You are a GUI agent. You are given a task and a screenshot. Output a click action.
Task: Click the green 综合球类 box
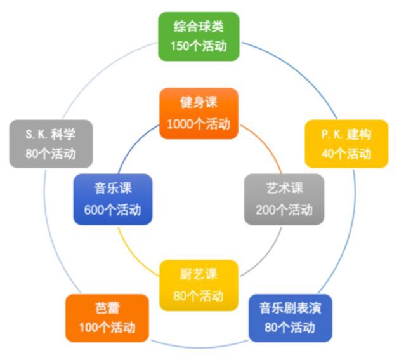click(199, 36)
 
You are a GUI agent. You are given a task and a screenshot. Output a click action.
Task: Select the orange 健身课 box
click(199, 114)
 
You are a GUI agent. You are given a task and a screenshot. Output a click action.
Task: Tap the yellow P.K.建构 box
click(346, 143)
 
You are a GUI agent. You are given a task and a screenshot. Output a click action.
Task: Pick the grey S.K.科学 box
click(51, 143)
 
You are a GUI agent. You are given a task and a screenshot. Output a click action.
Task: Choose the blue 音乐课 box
click(113, 199)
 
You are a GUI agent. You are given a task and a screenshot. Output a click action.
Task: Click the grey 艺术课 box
click(284, 199)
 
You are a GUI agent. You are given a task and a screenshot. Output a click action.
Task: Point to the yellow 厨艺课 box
click(199, 285)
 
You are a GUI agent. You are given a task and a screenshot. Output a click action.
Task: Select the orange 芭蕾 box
click(107, 318)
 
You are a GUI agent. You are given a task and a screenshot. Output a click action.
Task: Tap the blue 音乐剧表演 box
click(291, 318)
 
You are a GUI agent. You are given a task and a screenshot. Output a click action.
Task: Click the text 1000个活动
click(199, 124)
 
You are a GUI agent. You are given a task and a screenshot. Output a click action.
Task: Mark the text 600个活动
click(113, 210)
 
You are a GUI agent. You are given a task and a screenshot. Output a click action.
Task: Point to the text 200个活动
click(284, 210)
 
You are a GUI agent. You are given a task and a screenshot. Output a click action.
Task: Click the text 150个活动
click(199, 46)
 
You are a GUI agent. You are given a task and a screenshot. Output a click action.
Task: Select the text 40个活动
click(346, 154)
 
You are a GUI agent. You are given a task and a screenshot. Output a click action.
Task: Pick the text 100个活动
click(107, 328)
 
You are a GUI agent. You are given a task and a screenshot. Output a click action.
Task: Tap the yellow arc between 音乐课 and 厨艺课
click(133, 255)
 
